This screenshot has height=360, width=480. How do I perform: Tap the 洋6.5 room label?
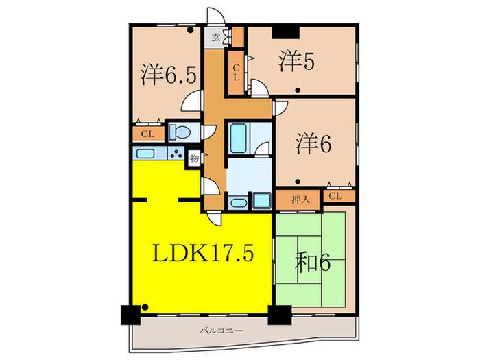tap(169, 75)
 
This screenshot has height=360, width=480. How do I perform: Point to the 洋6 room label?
tap(313, 144)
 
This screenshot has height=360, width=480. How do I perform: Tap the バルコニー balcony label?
tap(221, 331)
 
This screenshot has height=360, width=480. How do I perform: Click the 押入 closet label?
tap(300, 200)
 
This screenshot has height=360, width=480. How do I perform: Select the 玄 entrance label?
tap(217, 38)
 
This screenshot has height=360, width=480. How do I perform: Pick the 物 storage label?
tap(194, 158)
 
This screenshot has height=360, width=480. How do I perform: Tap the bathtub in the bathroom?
tap(238, 138)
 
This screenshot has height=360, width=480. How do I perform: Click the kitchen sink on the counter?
tap(145, 153)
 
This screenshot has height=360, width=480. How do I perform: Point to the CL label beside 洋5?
tap(236, 73)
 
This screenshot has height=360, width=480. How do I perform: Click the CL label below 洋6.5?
tap(147, 134)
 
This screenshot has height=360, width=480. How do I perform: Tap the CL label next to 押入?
tap(335, 196)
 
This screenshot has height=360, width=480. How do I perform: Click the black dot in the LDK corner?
tap(145, 307)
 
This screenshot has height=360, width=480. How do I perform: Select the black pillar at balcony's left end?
tap(130, 315)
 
